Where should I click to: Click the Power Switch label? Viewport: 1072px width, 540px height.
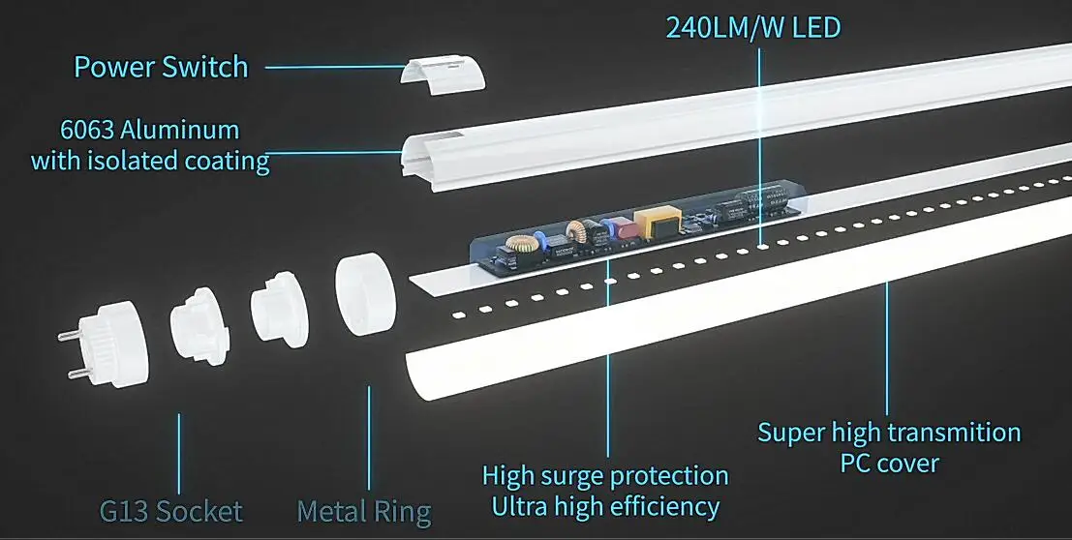pyautogui.click(x=161, y=67)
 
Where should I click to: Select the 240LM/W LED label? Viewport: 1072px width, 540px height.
pyautogui.click(x=752, y=26)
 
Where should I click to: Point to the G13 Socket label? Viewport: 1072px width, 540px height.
pyautogui.click(x=170, y=510)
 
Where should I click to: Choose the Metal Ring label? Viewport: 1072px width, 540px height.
pyautogui.click(x=363, y=510)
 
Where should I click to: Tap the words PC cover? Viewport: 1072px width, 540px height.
pyautogui.click(x=889, y=463)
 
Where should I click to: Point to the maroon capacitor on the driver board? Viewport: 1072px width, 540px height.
pyautogui.click(x=621, y=229)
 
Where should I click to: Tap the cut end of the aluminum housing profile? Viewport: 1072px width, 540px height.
pyautogui.click(x=417, y=156)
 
